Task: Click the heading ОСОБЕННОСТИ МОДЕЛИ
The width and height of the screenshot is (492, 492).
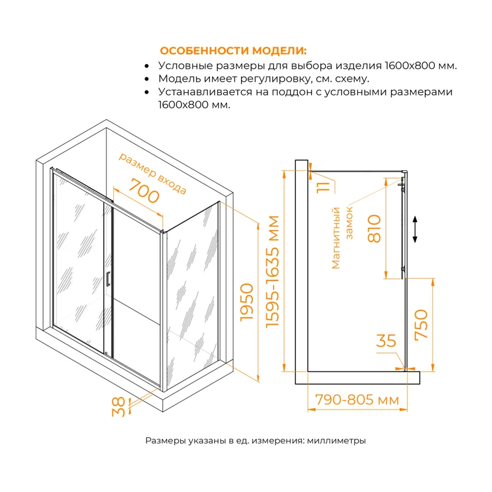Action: pos(232,50)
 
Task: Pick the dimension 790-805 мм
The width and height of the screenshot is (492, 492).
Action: pos(357,400)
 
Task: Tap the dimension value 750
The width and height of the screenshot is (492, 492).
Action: pos(421,324)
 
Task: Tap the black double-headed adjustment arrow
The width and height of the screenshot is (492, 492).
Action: pos(416,229)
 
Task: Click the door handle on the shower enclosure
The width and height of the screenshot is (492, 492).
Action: pos(108,279)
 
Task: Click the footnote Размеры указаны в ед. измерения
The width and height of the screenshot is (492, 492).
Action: pos(255,440)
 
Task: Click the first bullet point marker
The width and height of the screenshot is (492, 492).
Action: pos(146,66)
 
